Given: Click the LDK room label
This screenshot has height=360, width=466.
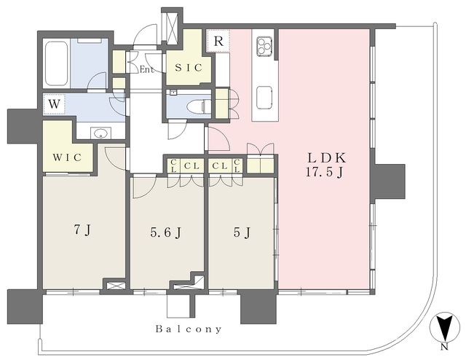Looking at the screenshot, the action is tap(327, 158).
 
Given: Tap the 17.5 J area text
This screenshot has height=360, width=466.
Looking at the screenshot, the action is tap(325, 173).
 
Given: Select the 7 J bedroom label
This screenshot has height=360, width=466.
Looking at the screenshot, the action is tap(82, 230).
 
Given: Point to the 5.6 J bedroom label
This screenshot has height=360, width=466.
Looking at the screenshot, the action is tap(166, 233).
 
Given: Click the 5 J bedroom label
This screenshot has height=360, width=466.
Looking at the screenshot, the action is tap(242, 232).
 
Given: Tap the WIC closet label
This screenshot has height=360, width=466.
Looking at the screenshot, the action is tap(68, 157).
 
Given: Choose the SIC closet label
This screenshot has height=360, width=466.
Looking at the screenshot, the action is tap(189, 68).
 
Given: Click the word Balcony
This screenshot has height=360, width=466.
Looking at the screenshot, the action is tap(189, 329).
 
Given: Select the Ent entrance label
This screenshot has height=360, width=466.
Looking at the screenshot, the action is tap(147, 70).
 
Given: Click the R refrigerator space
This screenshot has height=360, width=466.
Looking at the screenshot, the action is tap(218, 41).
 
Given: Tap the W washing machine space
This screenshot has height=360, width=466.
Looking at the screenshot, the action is tap(55, 104).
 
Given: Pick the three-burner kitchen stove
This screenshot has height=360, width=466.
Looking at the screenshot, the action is tap(264, 46).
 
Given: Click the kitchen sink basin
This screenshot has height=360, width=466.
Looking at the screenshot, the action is tap(264, 98).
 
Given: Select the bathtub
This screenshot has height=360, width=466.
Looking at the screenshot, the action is tap(57, 63).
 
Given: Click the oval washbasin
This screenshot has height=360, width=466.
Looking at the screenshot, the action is tap(101, 133).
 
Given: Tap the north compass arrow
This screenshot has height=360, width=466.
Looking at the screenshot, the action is tap(445, 326).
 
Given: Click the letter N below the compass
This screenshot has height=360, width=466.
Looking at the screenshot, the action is tap(444, 347).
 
